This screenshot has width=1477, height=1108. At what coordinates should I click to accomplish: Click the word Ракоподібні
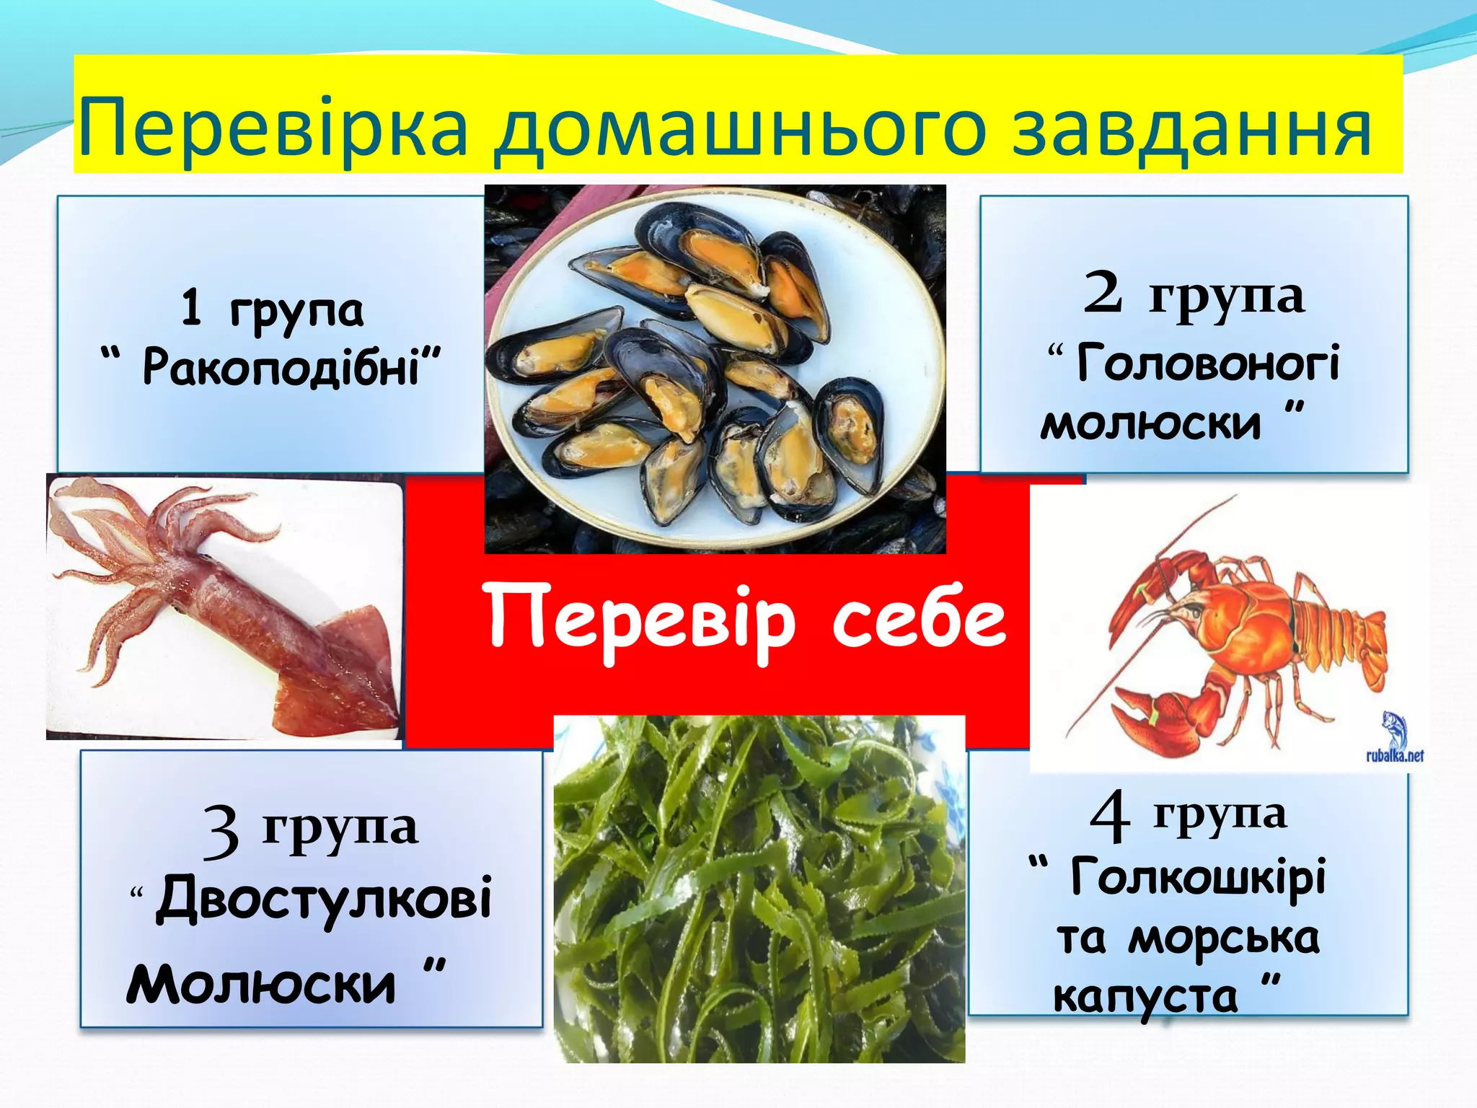tap(281, 366)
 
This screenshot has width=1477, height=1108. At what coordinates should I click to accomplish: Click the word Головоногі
tap(1208, 362)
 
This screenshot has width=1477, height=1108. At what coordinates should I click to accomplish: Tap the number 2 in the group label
tap(1103, 293)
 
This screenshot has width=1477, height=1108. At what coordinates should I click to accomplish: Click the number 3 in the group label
tap(220, 831)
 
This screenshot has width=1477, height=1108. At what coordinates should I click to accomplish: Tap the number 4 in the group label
tap(1108, 816)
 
